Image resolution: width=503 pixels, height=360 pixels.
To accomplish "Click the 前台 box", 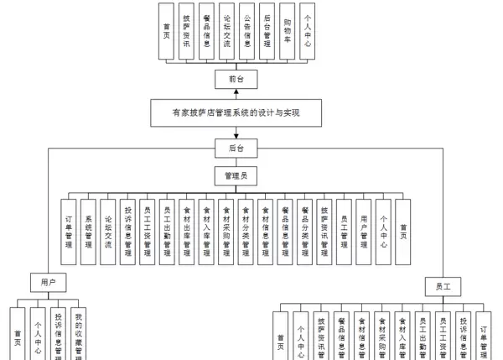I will pyautogui.click(x=236, y=80).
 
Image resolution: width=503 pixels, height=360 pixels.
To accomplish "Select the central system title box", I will pyautogui.click(x=236, y=112).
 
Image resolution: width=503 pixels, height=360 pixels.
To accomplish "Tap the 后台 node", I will pyautogui.click(x=236, y=148).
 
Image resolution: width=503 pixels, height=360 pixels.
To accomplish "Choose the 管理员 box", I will pyautogui.click(x=236, y=176).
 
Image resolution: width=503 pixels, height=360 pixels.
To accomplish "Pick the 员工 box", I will pyautogui.click(x=443, y=287).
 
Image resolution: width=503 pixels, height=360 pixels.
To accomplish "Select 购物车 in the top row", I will pyautogui.click(x=288, y=31).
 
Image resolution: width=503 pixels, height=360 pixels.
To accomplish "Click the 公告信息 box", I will pyautogui.click(x=246, y=31).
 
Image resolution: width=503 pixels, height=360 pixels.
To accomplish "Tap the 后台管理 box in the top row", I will pyautogui.click(x=267, y=31).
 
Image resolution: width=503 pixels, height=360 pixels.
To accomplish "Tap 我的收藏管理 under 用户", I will pyautogui.click(x=78, y=334).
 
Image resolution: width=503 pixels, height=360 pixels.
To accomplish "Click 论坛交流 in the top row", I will pyautogui.click(x=226, y=31).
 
